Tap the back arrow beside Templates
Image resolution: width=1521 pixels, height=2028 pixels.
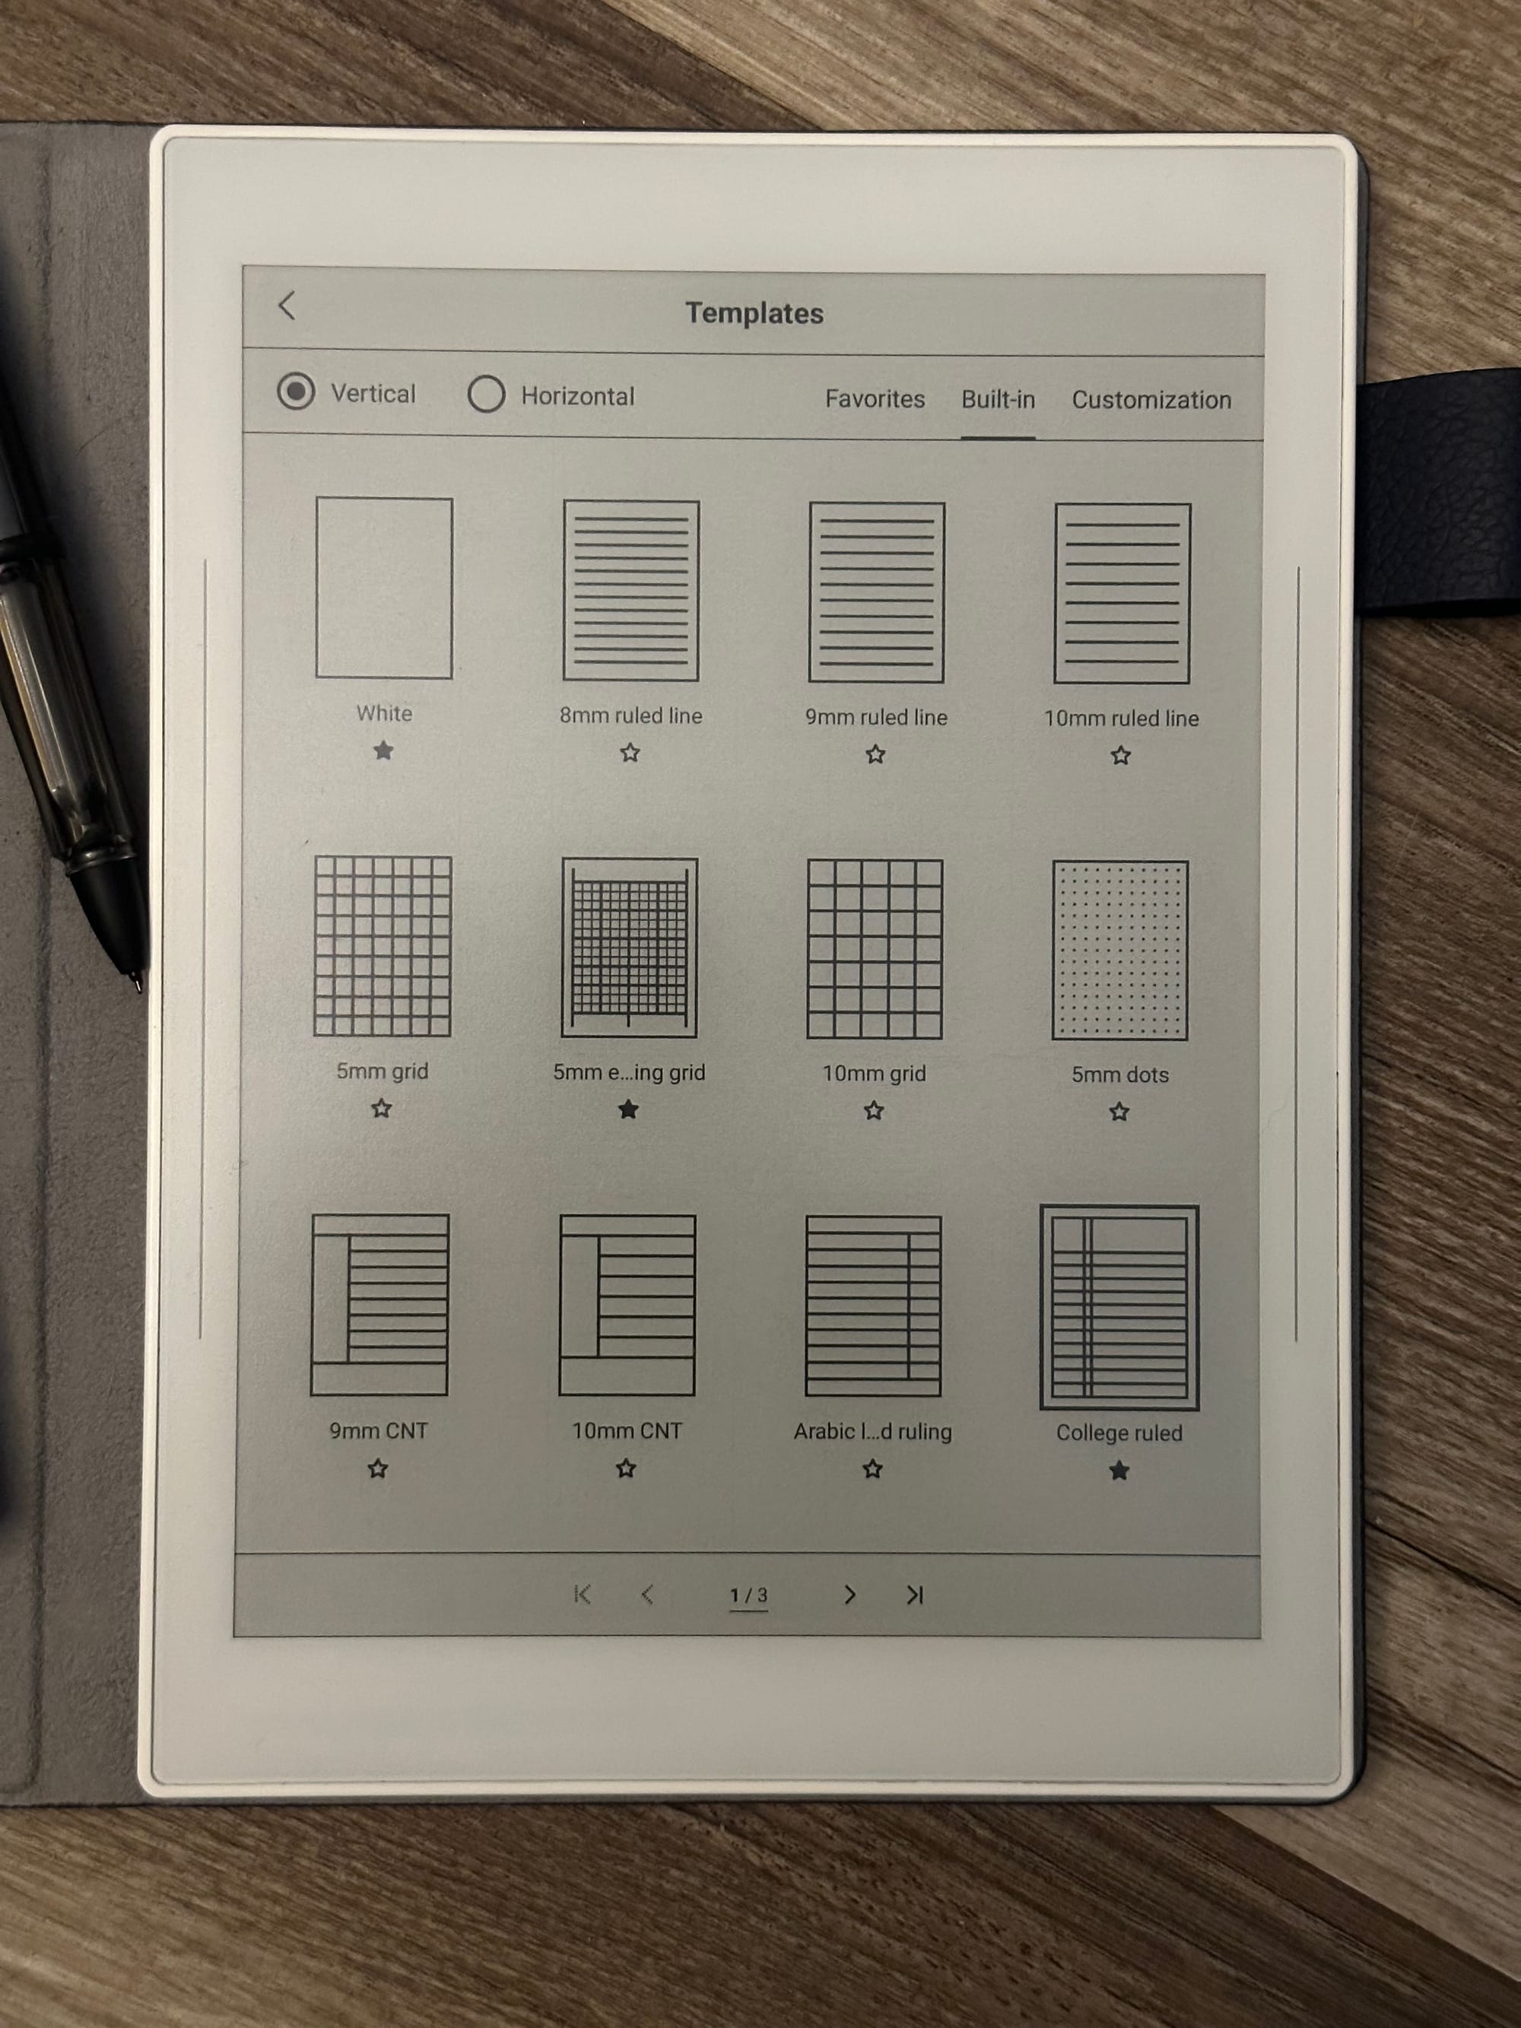point(287,305)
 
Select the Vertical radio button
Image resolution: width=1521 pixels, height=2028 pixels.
point(296,392)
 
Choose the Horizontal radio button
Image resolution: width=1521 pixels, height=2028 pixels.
point(486,394)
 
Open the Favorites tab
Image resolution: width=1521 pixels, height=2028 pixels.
point(875,398)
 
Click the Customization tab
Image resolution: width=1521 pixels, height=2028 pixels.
point(1151,400)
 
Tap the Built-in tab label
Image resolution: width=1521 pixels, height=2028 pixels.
point(998,400)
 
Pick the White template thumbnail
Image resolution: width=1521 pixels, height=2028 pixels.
point(384,588)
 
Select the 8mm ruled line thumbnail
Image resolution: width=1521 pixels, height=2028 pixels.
point(630,590)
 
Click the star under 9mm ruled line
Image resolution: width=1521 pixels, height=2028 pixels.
point(875,754)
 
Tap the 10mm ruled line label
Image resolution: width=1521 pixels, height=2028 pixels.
point(1121,718)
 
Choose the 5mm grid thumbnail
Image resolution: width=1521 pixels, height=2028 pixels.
point(383,946)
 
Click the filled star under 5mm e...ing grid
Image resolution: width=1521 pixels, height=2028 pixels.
point(628,1110)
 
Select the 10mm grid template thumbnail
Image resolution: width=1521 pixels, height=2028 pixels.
point(875,949)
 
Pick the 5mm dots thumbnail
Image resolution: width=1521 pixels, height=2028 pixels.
point(1120,950)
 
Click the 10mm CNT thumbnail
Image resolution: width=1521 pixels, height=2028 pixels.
point(627,1306)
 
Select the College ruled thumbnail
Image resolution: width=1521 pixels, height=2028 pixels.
point(1119,1307)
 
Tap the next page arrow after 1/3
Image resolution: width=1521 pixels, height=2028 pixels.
point(850,1595)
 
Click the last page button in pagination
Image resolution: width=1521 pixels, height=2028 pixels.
point(915,1595)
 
